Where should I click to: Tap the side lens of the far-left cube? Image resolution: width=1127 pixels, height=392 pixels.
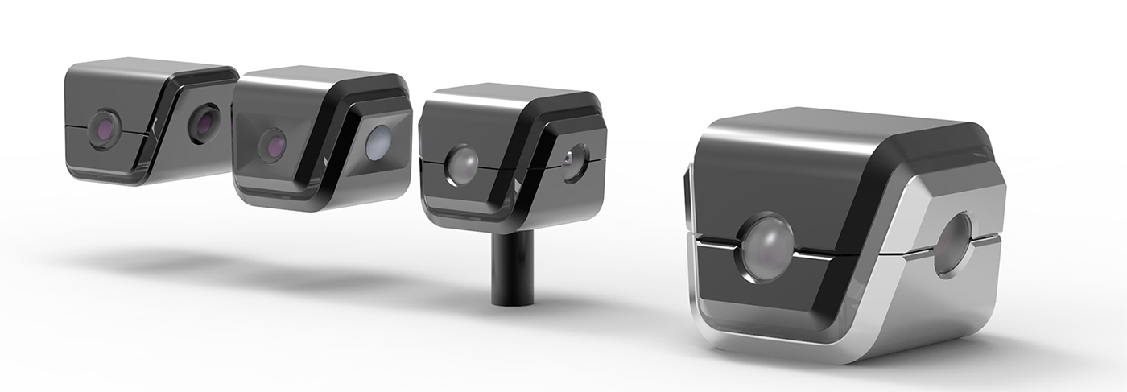coord(204,123)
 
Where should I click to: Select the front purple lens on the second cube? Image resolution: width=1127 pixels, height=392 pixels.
coord(273,145)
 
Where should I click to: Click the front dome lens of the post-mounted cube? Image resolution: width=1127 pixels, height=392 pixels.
coord(462,164)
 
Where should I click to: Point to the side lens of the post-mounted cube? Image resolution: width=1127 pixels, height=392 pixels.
coord(575,162)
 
